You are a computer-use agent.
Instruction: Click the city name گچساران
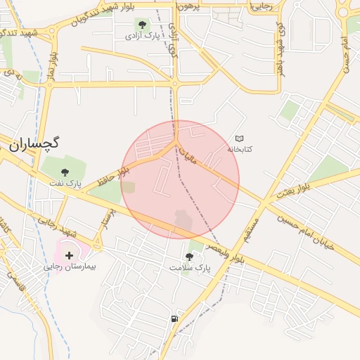(34, 143)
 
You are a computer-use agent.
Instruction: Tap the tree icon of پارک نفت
(65, 172)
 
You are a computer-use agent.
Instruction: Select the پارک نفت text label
(65, 184)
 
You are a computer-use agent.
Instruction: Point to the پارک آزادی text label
(143, 35)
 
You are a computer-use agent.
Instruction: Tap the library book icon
(240, 139)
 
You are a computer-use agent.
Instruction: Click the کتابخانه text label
(240, 150)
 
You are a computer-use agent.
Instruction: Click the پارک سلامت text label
(190, 269)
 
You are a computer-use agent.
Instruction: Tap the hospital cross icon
(69, 255)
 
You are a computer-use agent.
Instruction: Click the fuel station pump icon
(174, 319)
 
